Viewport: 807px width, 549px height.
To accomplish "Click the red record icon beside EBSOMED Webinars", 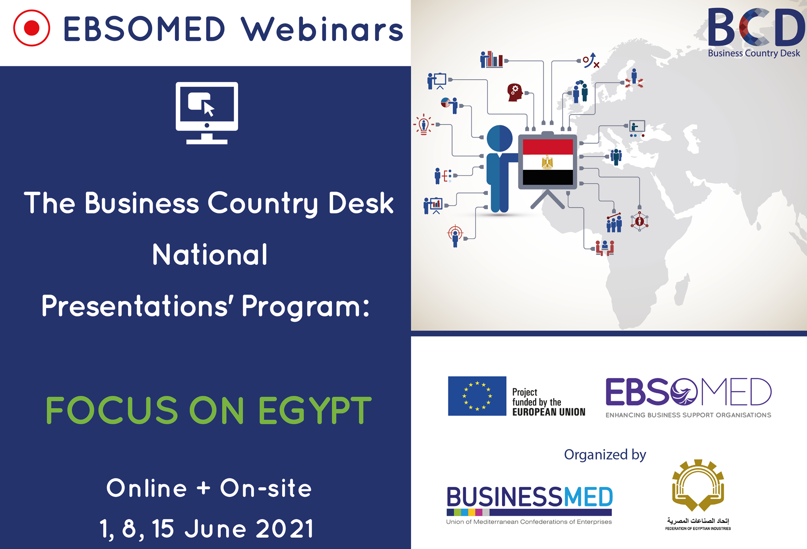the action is pyautogui.click(x=32, y=28).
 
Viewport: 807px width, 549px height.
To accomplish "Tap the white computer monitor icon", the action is pyautogui.click(x=207, y=113).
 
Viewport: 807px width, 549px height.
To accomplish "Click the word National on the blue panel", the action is pyautogui.click(x=210, y=254).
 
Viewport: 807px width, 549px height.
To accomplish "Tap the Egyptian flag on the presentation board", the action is pyautogui.click(x=548, y=162).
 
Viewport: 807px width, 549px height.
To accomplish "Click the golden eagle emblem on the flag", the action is pyautogui.click(x=547, y=162).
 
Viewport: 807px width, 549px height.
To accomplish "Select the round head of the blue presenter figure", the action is pyautogui.click(x=500, y=138).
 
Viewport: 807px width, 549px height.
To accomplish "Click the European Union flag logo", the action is pyautogui.click(x=477, y=396).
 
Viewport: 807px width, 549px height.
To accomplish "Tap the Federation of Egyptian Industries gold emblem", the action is pyautogui.click(x=698, y=485).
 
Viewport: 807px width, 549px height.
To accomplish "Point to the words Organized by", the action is pyautogui.click(x=605, y=455).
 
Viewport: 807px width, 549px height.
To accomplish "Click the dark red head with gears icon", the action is pyautogui.click(x=515, y=93).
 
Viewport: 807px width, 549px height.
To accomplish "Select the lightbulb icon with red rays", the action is pyautogui.click(x=424, y=125).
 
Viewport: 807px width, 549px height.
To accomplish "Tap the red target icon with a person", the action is pyautogui.click(x=455, y=235).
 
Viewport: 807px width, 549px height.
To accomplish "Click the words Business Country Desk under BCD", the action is pyautogui.click(x=754, y=54).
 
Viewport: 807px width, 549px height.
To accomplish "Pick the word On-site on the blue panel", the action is pyautogui.click(x=266, y=488).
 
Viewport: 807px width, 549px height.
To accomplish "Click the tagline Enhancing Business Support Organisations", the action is pyautogui.click(x=688, y=415).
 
